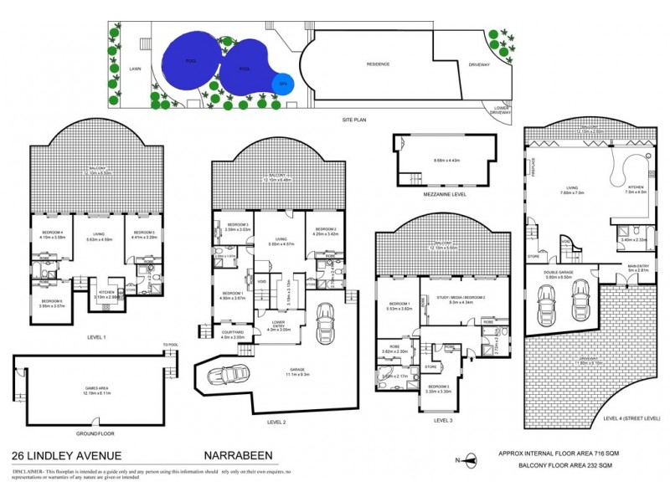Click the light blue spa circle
click(283, 83)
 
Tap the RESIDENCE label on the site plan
click(380, 64)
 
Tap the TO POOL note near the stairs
click(172, 345)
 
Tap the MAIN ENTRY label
click(638, 266)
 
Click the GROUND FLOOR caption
click(94, 433)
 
